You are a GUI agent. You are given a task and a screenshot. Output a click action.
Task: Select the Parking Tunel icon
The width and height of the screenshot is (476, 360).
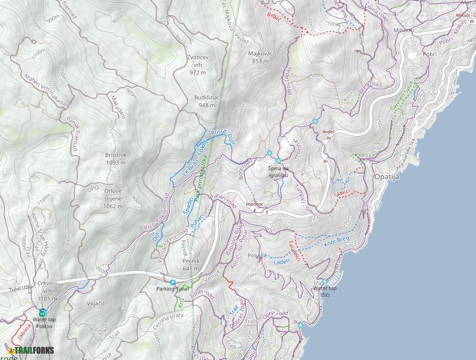pos(172,282)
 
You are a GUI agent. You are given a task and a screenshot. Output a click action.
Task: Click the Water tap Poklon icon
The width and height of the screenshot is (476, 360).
pos(43,312)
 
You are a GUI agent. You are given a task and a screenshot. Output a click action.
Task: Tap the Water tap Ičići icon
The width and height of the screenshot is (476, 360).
pos(324,282)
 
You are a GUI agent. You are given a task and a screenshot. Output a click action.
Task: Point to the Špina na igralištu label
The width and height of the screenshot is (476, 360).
pos(278,171)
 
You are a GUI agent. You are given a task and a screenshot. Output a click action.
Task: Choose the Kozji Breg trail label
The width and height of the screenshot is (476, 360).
pos(336,242)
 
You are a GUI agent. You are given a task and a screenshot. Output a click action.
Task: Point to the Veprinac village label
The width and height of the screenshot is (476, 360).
pos(254,205)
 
